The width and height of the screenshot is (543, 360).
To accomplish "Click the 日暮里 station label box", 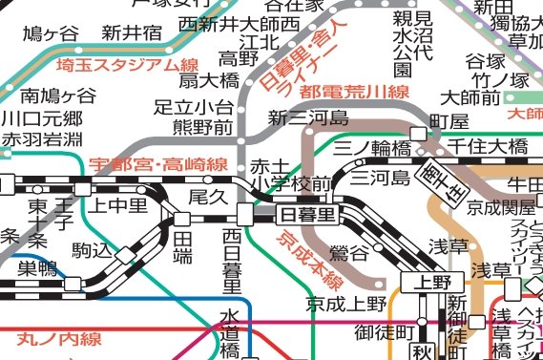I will pos(307,214).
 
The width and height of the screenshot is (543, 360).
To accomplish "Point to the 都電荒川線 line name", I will pos(353,93).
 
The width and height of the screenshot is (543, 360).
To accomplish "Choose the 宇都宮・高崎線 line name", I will pos(157,164).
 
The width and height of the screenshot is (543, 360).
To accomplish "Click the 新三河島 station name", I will pos(307,118).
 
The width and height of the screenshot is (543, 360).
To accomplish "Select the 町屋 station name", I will pos(450,123).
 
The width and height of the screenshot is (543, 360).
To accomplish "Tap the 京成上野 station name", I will pos(346,305).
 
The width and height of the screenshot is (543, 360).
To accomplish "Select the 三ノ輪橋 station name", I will pos(373,148).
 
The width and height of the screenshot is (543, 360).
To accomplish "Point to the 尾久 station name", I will pos(207,196).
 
